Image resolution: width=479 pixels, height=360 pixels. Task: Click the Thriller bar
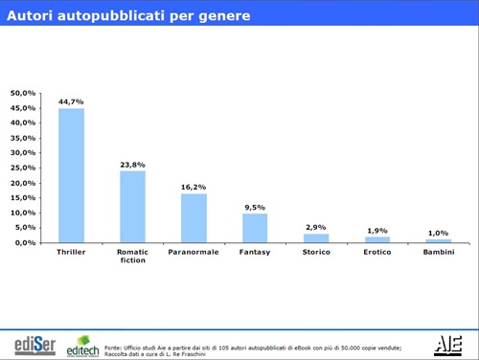click(71, 175)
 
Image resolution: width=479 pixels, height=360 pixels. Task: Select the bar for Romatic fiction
click(132, 207)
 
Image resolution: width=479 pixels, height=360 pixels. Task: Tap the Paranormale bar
click(194, 218)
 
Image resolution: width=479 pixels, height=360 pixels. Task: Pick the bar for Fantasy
click(255, 228)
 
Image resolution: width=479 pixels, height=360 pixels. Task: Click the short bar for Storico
click(316, 237)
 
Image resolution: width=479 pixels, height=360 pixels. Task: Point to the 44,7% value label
click(71, 101)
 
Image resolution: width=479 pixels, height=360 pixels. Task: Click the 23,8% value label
click(132, 164)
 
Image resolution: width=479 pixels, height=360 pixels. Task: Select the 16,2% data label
click(194, 187)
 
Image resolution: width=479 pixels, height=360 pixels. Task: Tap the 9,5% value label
click(255, 207)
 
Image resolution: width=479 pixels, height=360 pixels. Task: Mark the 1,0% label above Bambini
click(438, 233)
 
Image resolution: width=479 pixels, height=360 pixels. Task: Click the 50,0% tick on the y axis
click(23, 93)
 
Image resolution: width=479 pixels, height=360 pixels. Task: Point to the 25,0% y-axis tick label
click(23, 168)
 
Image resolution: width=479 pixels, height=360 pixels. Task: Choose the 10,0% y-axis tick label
click(23, 213)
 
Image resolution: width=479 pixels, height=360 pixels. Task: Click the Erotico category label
click(377, 252)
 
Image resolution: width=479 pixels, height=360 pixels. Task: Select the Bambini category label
click(438, 252)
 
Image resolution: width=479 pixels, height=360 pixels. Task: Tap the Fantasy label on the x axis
click(255, 252)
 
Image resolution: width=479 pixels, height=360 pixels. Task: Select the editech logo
click(82, 345)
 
